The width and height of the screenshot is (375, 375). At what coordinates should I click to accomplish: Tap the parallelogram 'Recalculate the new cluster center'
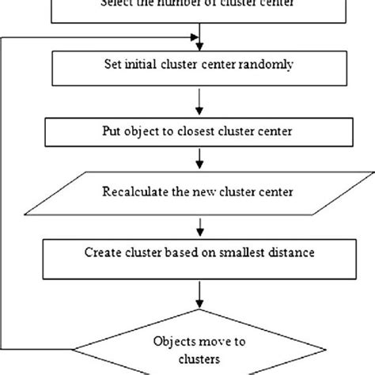205,191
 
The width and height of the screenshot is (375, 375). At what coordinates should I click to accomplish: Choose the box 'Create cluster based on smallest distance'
205,255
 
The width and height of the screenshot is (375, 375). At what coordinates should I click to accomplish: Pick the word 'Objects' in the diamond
171,341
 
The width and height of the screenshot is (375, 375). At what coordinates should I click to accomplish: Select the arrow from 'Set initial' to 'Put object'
205,102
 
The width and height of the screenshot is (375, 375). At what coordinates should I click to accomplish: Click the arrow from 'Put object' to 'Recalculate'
205,161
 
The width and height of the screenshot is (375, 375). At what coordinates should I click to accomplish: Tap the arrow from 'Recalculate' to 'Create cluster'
205,226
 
